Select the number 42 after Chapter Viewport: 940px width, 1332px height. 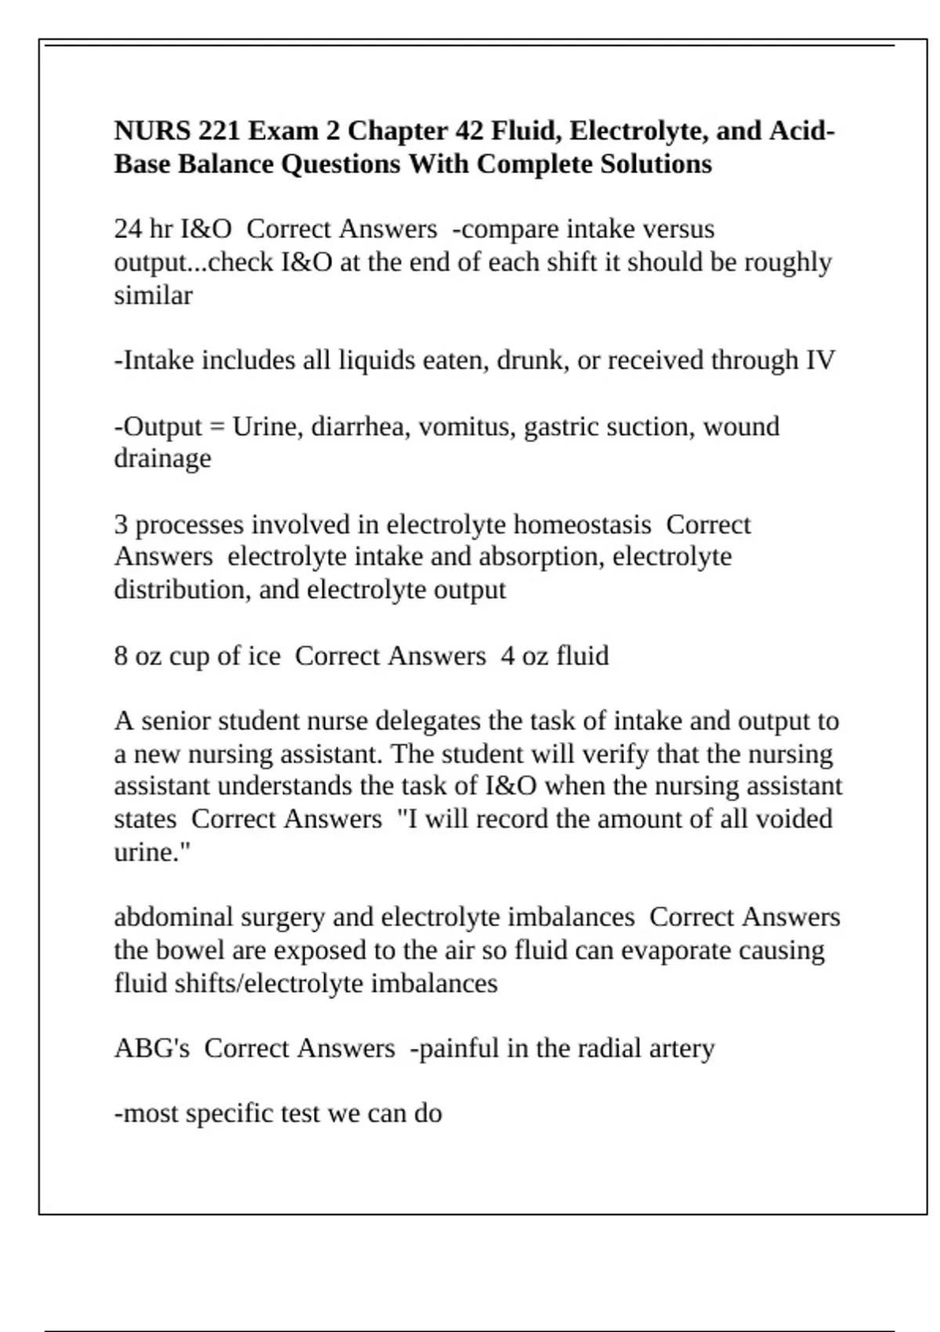pyautogui.click(x=469, y=130)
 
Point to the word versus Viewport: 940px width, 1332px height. pyautogui.click(x=678, y=229)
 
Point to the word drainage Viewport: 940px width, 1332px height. pyautogui.click(x=162, y=458)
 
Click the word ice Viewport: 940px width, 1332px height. pyautogui.click(x=264, y=656)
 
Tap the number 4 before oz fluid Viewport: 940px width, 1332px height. pyautogui.click(x=508, y=656)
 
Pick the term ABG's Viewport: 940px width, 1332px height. pyautogui.click(x=152, y=1048)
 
